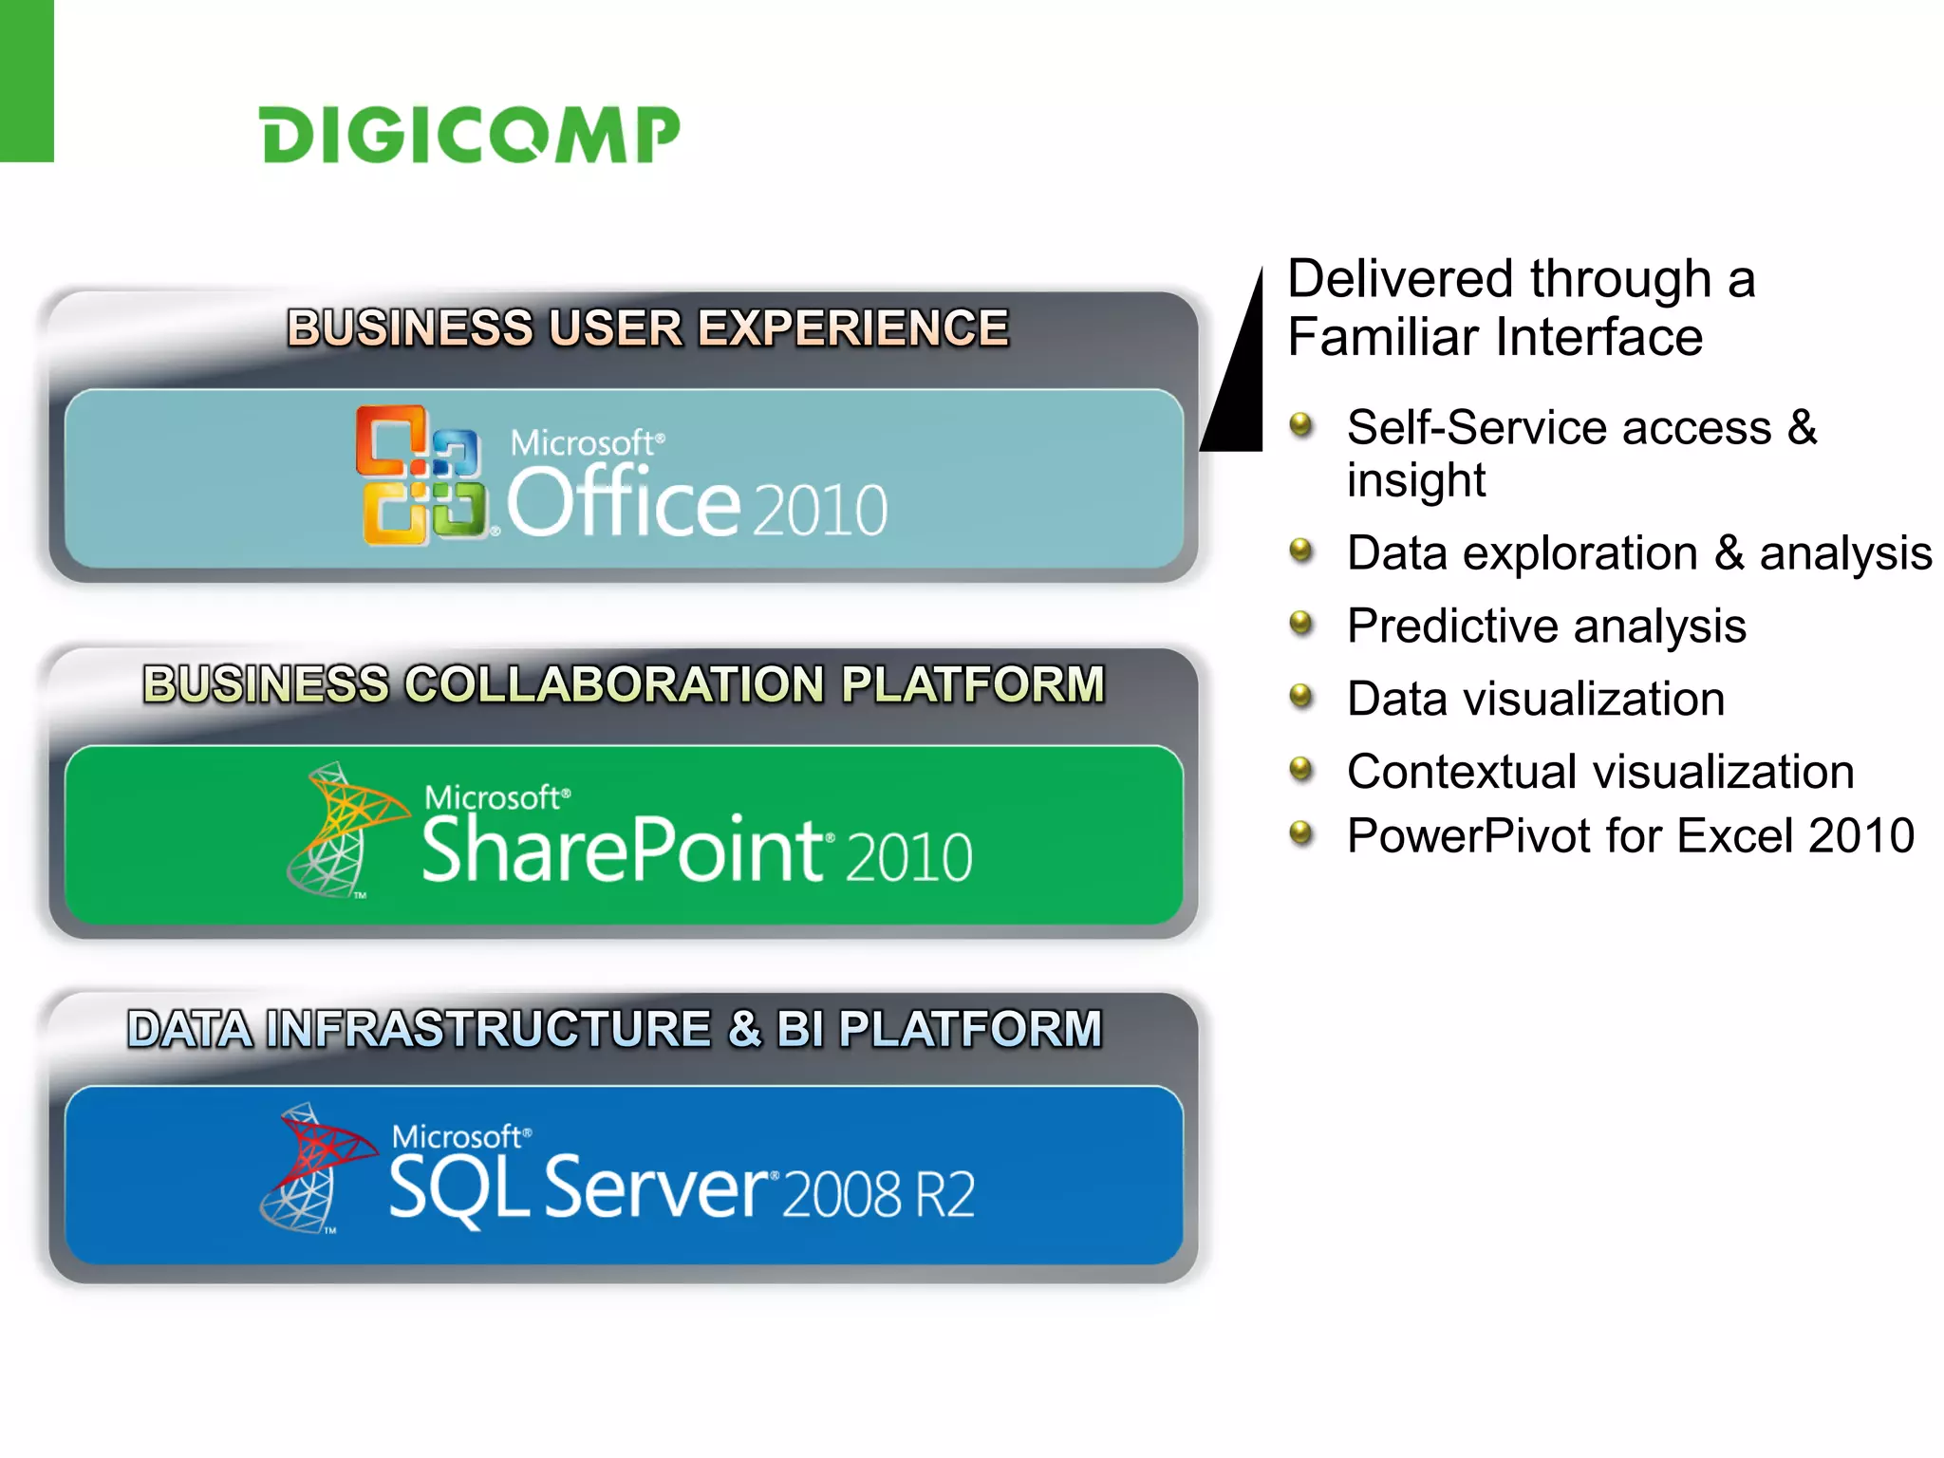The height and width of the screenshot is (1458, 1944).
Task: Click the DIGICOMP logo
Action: point(470,135)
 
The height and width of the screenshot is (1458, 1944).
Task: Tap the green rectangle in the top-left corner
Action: point(27,81)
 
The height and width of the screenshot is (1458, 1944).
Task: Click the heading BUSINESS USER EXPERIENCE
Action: point(647,328)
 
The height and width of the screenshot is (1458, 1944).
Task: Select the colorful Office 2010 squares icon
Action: point(421,476)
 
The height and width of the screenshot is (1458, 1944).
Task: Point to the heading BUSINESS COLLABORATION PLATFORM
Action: point(624,684)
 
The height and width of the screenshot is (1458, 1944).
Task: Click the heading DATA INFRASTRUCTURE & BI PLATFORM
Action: point(615,1029)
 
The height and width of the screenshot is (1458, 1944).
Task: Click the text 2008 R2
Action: point(879,1194)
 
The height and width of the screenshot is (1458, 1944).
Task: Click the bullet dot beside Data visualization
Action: point(1300,696)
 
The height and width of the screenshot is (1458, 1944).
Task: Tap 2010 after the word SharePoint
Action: point(908,857)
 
